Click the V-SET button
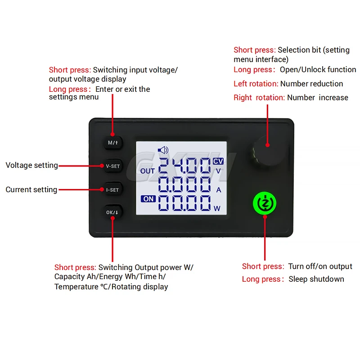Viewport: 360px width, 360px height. pos(113,166)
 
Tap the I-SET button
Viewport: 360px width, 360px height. pos(112,189)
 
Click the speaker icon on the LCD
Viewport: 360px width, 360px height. pos(162,150)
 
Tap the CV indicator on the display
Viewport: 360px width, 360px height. pos(218,161)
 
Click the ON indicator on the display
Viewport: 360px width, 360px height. pos(148,198)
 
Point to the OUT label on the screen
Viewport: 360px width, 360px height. pos(148,171)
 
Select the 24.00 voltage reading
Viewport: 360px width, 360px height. pos(184,166)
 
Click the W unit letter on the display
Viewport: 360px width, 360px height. pos(217,208)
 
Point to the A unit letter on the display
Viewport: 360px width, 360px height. pos(219,190)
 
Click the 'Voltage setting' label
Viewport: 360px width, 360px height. pos(31,165)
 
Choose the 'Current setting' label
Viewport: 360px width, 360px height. pos(31,189)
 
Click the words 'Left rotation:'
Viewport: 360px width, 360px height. pos(256,84)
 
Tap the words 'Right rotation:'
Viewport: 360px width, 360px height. pos(259,98)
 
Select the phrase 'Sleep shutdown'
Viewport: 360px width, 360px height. pos(316,279)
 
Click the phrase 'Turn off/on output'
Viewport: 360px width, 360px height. pos(320,266)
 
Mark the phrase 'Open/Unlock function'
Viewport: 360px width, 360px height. pos(318,70)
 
